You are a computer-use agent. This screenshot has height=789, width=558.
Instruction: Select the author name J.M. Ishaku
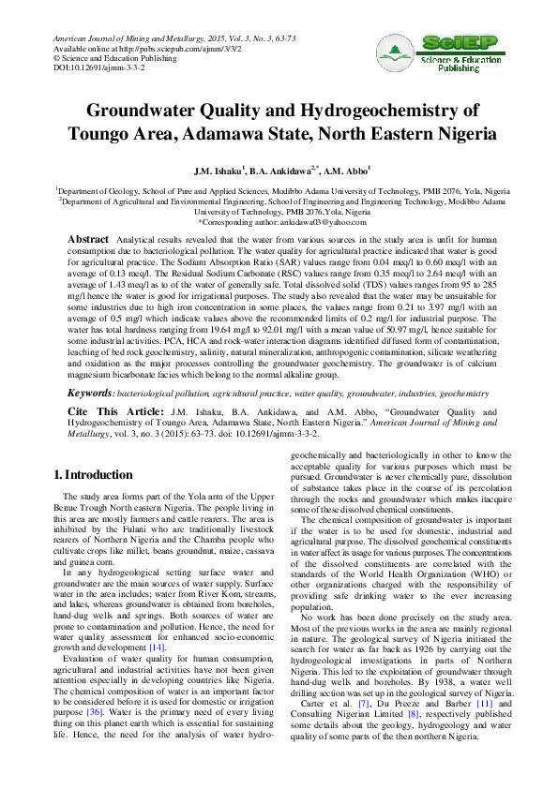click(x=219, y=172)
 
